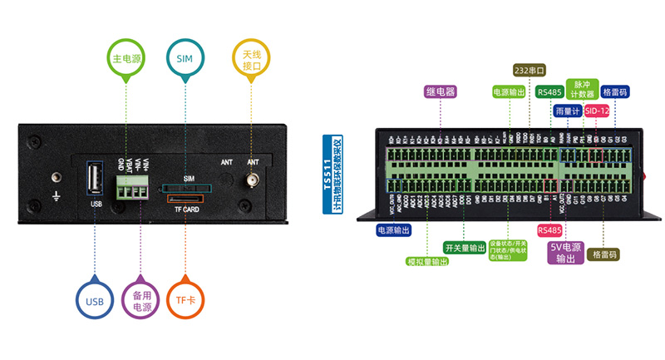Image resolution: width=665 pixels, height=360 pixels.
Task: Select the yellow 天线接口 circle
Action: pos(252,61)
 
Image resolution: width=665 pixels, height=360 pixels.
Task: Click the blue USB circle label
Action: pos(95,300)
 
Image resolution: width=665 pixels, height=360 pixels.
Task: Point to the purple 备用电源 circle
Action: pos(140,300)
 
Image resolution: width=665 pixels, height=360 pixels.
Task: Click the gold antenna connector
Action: pos(251,180)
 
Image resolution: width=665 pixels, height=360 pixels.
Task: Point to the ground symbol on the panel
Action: pos(57,196)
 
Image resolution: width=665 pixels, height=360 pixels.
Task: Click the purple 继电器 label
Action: pos(440,91)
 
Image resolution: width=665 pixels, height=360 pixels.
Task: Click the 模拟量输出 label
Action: pos(427,261)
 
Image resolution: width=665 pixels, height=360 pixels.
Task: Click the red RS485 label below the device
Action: pos(549,229)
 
